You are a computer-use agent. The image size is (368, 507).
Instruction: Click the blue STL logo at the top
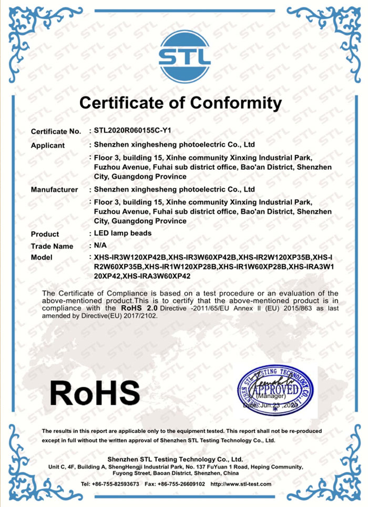(x=185, y=53)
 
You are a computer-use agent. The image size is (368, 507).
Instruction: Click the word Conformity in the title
(x=236, y=102)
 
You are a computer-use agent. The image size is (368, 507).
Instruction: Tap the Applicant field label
(x=47, y=145)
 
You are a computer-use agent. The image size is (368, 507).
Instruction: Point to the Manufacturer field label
(x=54, y=190)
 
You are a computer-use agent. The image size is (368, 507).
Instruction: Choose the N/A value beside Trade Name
(x=100, y=245)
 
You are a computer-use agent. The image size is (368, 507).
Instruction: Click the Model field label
(x=42, y=258)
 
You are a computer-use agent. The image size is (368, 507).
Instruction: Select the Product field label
(x=45, y=234)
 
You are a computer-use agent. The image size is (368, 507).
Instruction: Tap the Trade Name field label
(x=52, y=246)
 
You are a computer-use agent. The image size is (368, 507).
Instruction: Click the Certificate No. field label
(x=56, y=131)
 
